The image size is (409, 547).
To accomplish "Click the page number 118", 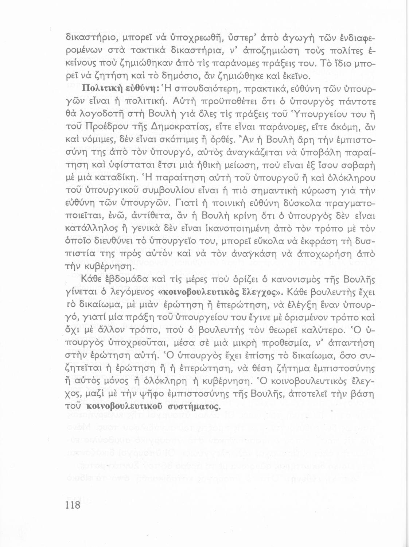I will point(73,506).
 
